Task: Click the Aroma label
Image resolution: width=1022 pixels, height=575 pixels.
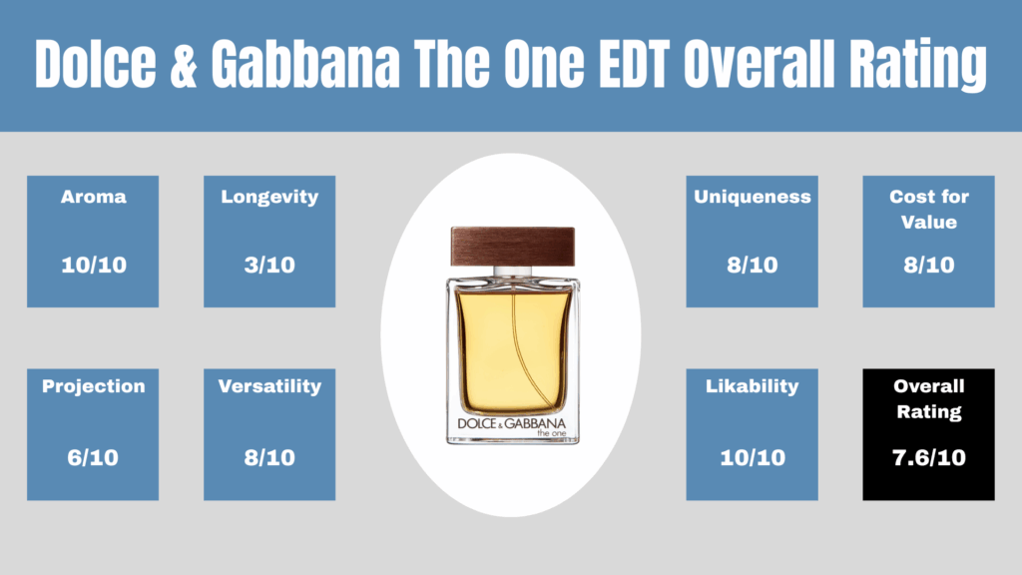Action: (x=93, y=197)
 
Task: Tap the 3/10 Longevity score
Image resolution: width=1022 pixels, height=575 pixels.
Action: (x=269, y=265)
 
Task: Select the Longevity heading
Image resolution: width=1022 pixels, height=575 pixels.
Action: (x=269, y=198)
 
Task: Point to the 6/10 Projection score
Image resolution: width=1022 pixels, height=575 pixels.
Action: (x=93, y=457)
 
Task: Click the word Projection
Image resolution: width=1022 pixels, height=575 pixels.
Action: (x=93, y=386)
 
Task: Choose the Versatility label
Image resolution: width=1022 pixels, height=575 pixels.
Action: (x=269, y=386)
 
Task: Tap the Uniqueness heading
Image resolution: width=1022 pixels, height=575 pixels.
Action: (x=753, y=198)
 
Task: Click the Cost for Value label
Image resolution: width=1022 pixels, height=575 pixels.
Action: (x=929, y=210)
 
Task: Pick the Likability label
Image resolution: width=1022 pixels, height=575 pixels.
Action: (x=753, y=386)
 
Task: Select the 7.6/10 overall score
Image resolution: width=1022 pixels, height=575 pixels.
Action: (x=929, y=457)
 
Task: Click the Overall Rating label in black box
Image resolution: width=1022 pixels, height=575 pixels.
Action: (x=929, y=399)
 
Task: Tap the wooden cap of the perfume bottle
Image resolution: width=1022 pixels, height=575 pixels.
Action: (x=513, y=247)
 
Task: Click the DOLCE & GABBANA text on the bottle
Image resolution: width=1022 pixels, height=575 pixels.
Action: (x=512, y=423)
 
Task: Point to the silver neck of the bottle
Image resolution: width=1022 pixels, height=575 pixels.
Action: (x=513, y=272)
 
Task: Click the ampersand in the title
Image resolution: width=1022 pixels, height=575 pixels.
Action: (x=184, y=64)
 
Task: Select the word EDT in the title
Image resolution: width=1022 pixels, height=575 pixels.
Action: (x=634, y=64)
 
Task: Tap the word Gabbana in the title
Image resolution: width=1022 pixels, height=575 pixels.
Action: (x=305, y=64)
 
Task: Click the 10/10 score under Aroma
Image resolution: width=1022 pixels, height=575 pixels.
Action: (x=93, y=265)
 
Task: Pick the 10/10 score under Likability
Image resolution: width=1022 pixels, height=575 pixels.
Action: (x=753, y=457)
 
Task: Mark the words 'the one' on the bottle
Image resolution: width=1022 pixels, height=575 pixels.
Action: (x=551, y=433)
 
